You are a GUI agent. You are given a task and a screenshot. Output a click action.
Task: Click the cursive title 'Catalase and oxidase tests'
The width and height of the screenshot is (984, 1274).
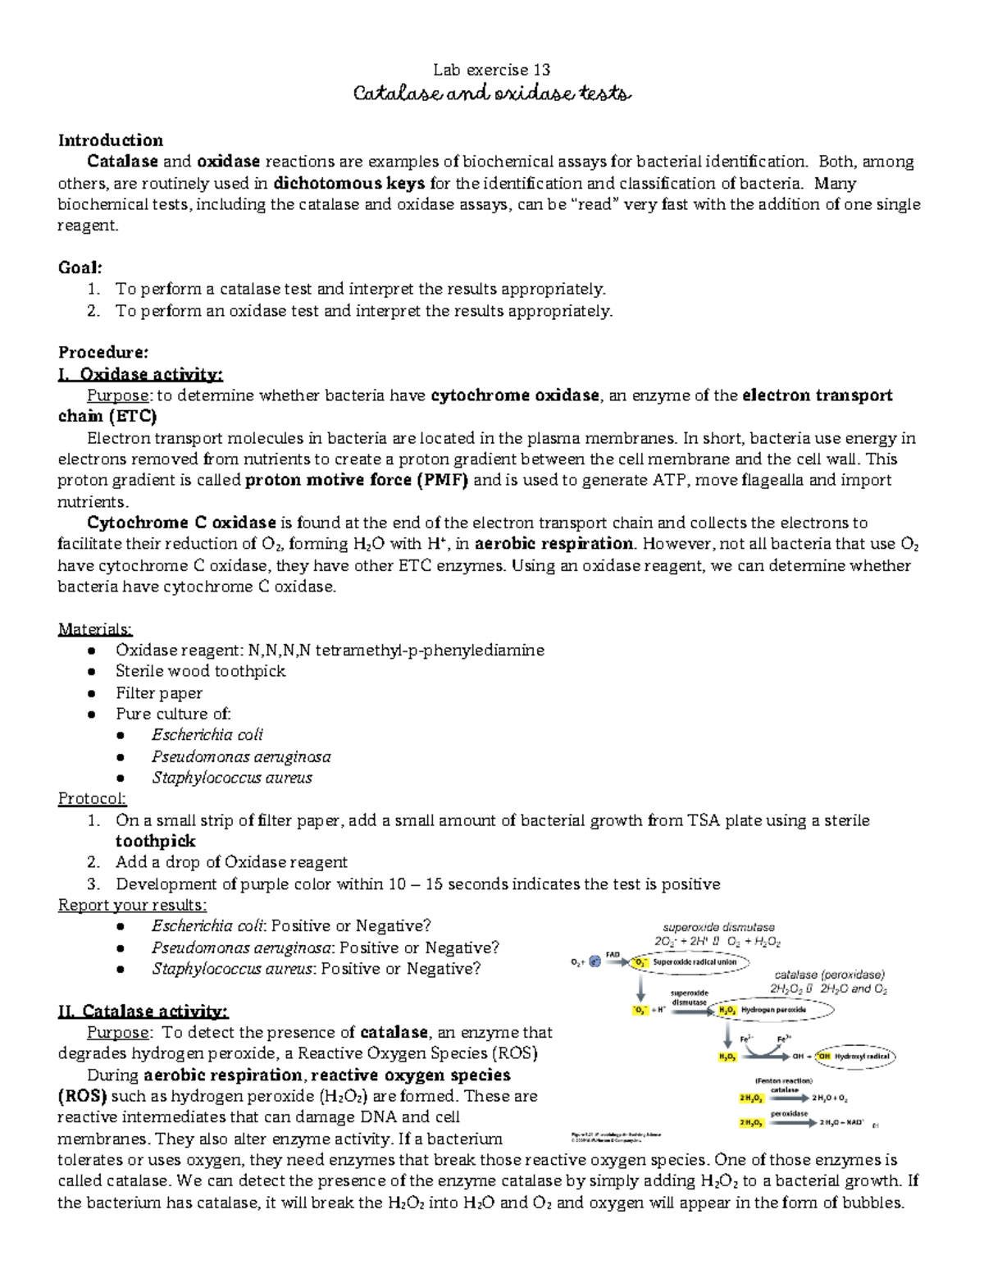(x=491, y=94)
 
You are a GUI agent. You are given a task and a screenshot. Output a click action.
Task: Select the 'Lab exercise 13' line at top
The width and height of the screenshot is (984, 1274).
(x=491, y=70)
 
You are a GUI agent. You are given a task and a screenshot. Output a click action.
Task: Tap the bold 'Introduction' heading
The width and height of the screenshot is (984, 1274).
(x=110, y=140)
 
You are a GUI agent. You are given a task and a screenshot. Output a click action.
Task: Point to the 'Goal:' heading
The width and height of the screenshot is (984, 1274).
(x=80, y=267)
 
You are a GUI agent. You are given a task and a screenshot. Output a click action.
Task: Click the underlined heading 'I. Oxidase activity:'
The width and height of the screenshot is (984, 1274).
(x=140, y=374)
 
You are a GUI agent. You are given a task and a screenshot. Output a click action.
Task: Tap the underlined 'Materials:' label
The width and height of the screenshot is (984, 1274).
(x=94, y=629)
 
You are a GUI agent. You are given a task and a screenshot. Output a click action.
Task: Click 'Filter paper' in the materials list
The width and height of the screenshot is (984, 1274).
(x=158, y=693)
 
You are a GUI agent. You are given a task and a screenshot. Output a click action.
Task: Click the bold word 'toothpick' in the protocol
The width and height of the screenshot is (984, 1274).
(x=155, y=841)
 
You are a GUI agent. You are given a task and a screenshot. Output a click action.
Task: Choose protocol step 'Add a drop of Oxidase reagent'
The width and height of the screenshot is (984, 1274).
(x=231, y=862)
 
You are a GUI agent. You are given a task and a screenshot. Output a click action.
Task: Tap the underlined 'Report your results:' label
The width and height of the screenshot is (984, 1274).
(x=132, y=905)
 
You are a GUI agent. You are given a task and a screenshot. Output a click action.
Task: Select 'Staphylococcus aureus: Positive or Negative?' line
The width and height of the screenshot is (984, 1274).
(x=316, y=969)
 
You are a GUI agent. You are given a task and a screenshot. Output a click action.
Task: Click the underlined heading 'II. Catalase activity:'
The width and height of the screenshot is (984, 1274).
(x=143, y=1011)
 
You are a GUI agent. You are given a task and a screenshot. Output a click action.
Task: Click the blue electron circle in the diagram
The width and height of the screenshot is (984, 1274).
(x=594, y=961)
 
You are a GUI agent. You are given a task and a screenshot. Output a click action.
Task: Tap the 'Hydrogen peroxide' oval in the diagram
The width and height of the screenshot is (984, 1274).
(x=771, y=1011)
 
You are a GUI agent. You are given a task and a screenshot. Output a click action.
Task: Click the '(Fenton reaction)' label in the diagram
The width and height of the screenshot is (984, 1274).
(x=783, y=1080)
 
